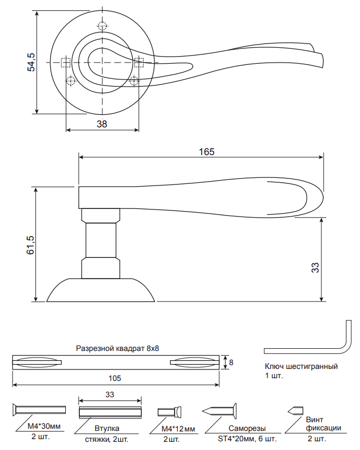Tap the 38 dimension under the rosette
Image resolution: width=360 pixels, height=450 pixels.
coord(101,124)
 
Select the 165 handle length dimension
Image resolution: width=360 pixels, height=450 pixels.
coord(206,152)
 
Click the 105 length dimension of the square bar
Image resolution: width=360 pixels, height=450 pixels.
coord(115,378)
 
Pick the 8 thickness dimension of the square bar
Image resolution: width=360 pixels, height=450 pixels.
coord(231,362)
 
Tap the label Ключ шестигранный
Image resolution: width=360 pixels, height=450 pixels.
coord(301,367)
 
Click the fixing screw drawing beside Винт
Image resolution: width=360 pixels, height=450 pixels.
coord(295,410)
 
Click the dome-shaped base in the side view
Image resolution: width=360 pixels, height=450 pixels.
coord(101,290)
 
